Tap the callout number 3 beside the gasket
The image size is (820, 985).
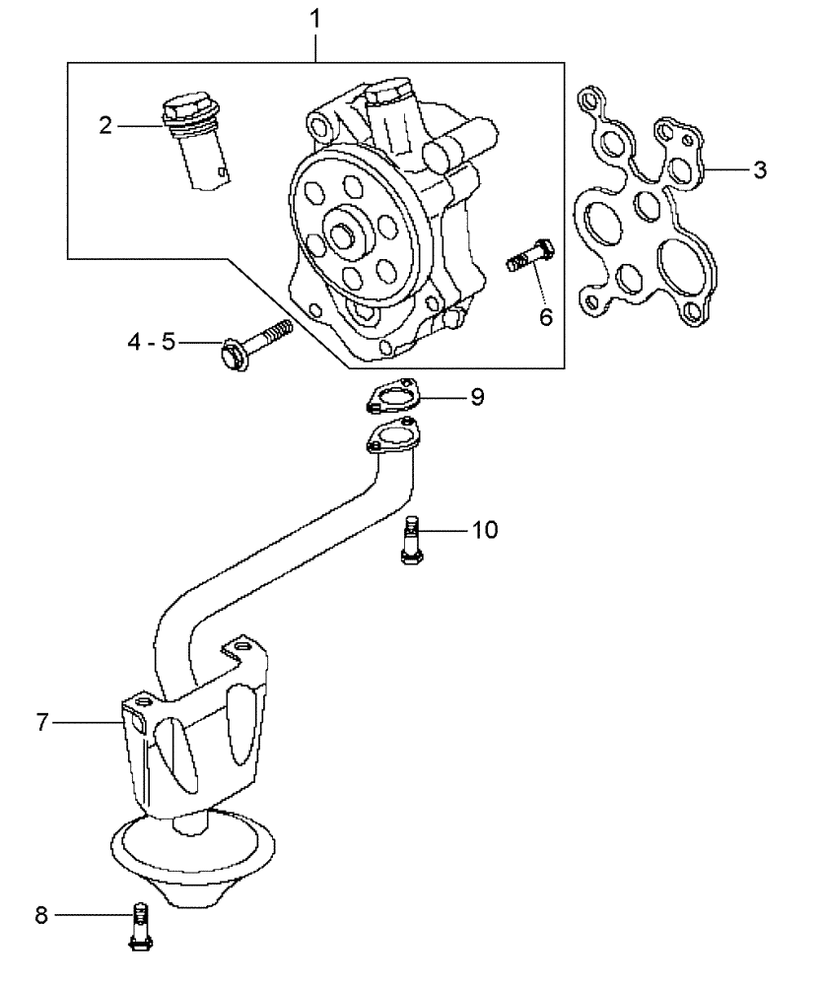[759, 169]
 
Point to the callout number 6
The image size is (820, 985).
[545, 316]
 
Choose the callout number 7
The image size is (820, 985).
[42, 723]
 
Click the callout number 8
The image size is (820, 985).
[41, 915]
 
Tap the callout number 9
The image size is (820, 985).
[476, 397]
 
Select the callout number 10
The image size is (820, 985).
[484, 530]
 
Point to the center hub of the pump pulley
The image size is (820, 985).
[345, 236]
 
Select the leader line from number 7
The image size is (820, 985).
[89, 723]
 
